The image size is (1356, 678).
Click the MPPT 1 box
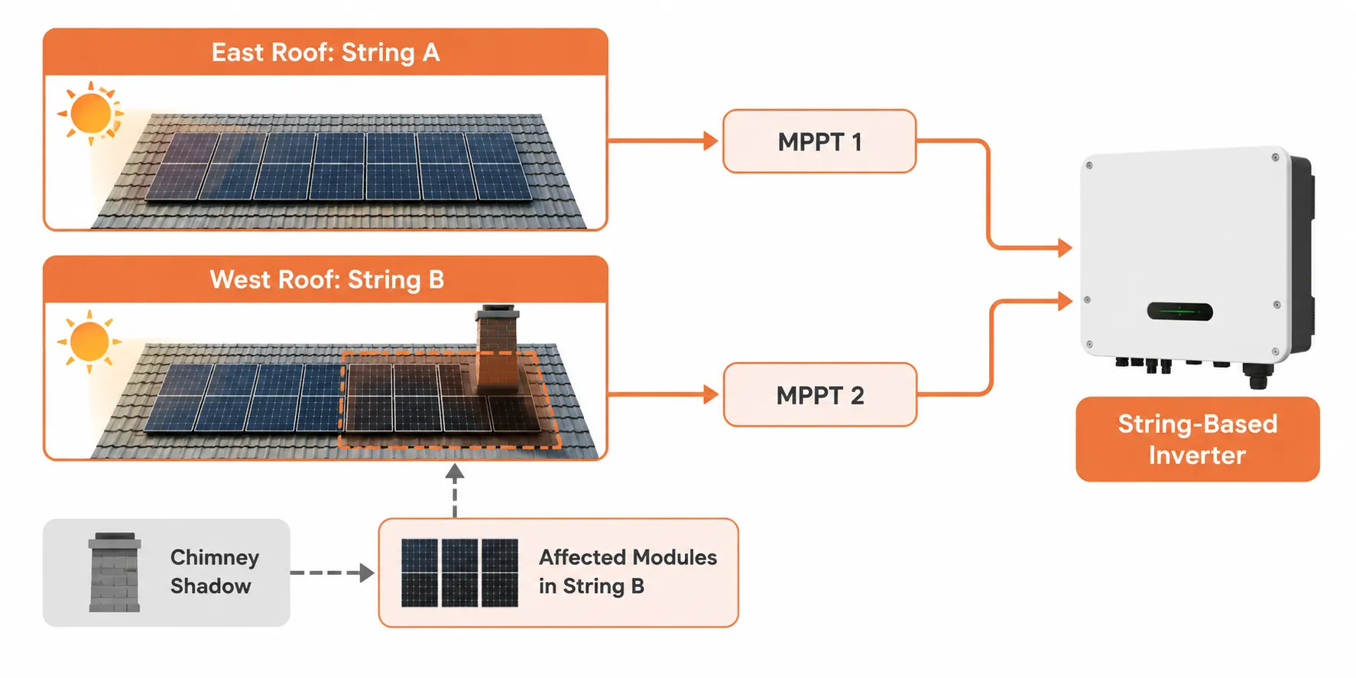click(x=819, y=141)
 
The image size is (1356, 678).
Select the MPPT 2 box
click(x=819, y=394)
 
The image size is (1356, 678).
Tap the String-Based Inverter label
click(x=1197, y=439)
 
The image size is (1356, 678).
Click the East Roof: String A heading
click(x=326, y=52)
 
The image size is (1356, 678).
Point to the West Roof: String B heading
click(x=326, y=280)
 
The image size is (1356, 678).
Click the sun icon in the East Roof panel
click(x=90, y=113)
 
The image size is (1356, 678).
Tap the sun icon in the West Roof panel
click(x=89, y=341)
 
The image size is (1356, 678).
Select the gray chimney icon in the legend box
click(x=115, y=573)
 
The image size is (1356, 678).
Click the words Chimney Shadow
click(x=214, y=572)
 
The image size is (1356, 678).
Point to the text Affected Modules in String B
click(x=628, y=572)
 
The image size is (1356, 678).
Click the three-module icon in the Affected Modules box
click(x=459, y=573)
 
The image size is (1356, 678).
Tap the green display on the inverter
click(x=1179, y=311)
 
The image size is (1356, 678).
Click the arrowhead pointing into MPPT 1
click(x=711, y=141)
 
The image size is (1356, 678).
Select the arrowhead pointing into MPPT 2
click(x=711, y=394)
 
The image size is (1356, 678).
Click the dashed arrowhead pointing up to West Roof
click(x=455, y=472)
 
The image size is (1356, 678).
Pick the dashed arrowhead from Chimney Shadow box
click(x=367, y=573)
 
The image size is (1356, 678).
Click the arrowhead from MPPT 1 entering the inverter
click(x=1065, y=248)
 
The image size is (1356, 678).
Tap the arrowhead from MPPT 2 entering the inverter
click(x=1065, y=300)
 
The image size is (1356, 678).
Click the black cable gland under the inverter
click(x=1256, y=376)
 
